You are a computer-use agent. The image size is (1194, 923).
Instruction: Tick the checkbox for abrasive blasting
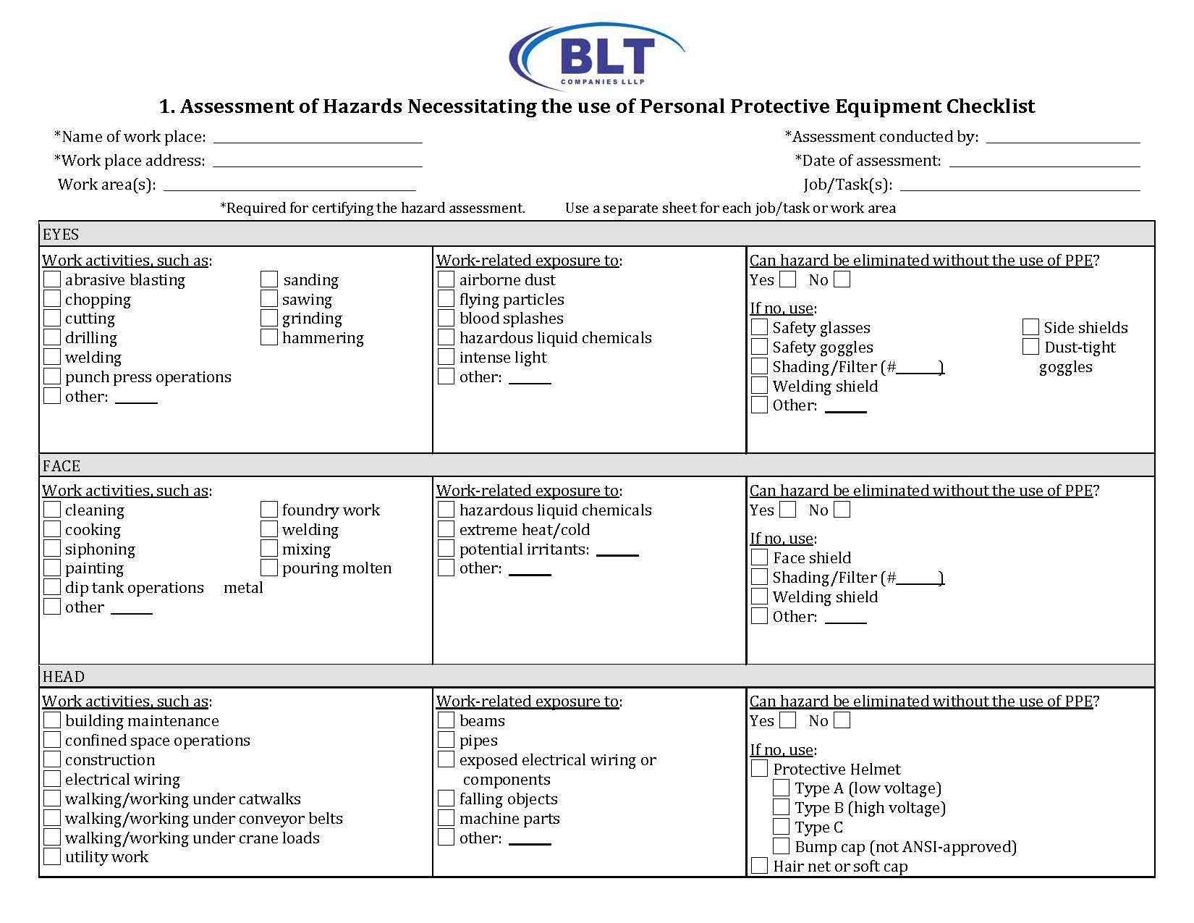click(x=52, y=279)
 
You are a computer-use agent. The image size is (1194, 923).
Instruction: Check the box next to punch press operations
click(x=52, y=376)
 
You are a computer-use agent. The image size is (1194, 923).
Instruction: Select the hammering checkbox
click(x=269, y=337)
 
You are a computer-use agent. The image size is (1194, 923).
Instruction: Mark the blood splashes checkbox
click(x=446, y=318)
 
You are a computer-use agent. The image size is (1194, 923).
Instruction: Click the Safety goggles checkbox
click(x=759, y=347)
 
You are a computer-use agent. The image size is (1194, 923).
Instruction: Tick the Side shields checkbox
click(x=1030, y=327)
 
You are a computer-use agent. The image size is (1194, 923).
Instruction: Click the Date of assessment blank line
click(x=1044, y=162)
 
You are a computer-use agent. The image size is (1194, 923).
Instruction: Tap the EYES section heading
click(x=61, y=235)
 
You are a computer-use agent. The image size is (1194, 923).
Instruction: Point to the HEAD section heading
click(x=64, y=677)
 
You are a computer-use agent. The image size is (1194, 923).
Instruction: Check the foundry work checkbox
click(x=269, y=510)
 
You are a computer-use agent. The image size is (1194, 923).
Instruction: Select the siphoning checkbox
click(x=52, y=549)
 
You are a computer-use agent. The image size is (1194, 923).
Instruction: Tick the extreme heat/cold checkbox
click(x=446, y=529)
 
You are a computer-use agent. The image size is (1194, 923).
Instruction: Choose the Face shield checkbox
click(x=759, y=557)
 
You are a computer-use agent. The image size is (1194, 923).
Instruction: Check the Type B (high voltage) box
click(x=782, y=807)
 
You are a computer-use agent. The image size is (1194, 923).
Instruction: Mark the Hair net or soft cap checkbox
click(x=759, y=866)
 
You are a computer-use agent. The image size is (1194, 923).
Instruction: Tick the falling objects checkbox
click(x=446, y=798)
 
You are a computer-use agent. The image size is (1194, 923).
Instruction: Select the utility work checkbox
click(x=52, y=856)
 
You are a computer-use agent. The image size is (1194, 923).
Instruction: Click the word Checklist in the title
click(x=990, y=106)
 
